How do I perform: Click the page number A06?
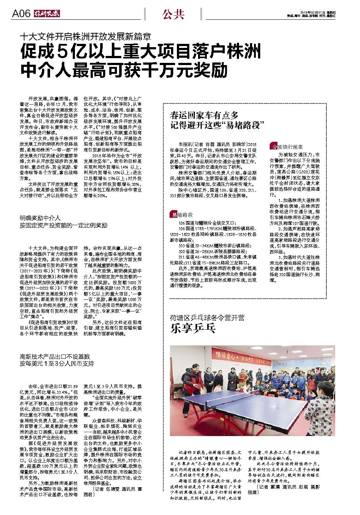[21, 14]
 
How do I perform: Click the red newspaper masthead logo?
[47, 14]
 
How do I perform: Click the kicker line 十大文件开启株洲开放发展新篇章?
[86, 37]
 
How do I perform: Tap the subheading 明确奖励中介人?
[40, 218]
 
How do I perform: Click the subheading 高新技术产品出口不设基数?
[55, 356]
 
